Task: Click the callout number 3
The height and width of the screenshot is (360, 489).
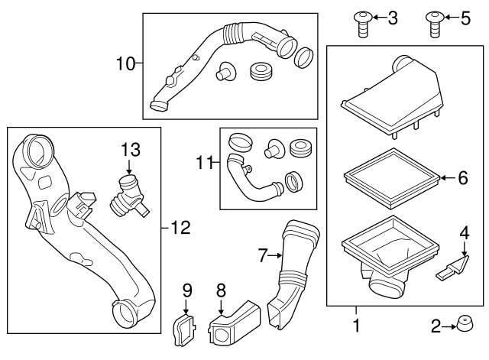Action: tap(392, 18)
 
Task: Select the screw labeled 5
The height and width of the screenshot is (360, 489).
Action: tap(434, 22)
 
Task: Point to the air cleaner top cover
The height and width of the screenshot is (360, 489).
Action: tap(394, 96)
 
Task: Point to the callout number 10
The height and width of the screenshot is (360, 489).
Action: tap(125, 63)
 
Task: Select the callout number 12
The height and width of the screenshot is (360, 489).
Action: tap(180, 226)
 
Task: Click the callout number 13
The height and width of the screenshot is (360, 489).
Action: tap(131, 148)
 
